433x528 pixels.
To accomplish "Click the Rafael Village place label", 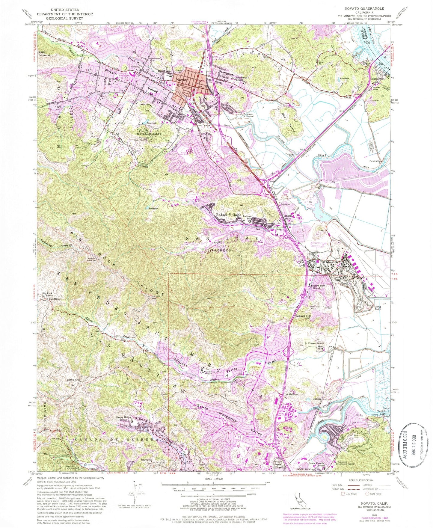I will point(229,215).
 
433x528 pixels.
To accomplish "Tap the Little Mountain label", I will point(45,54).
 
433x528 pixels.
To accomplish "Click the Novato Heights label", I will point(149,134).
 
